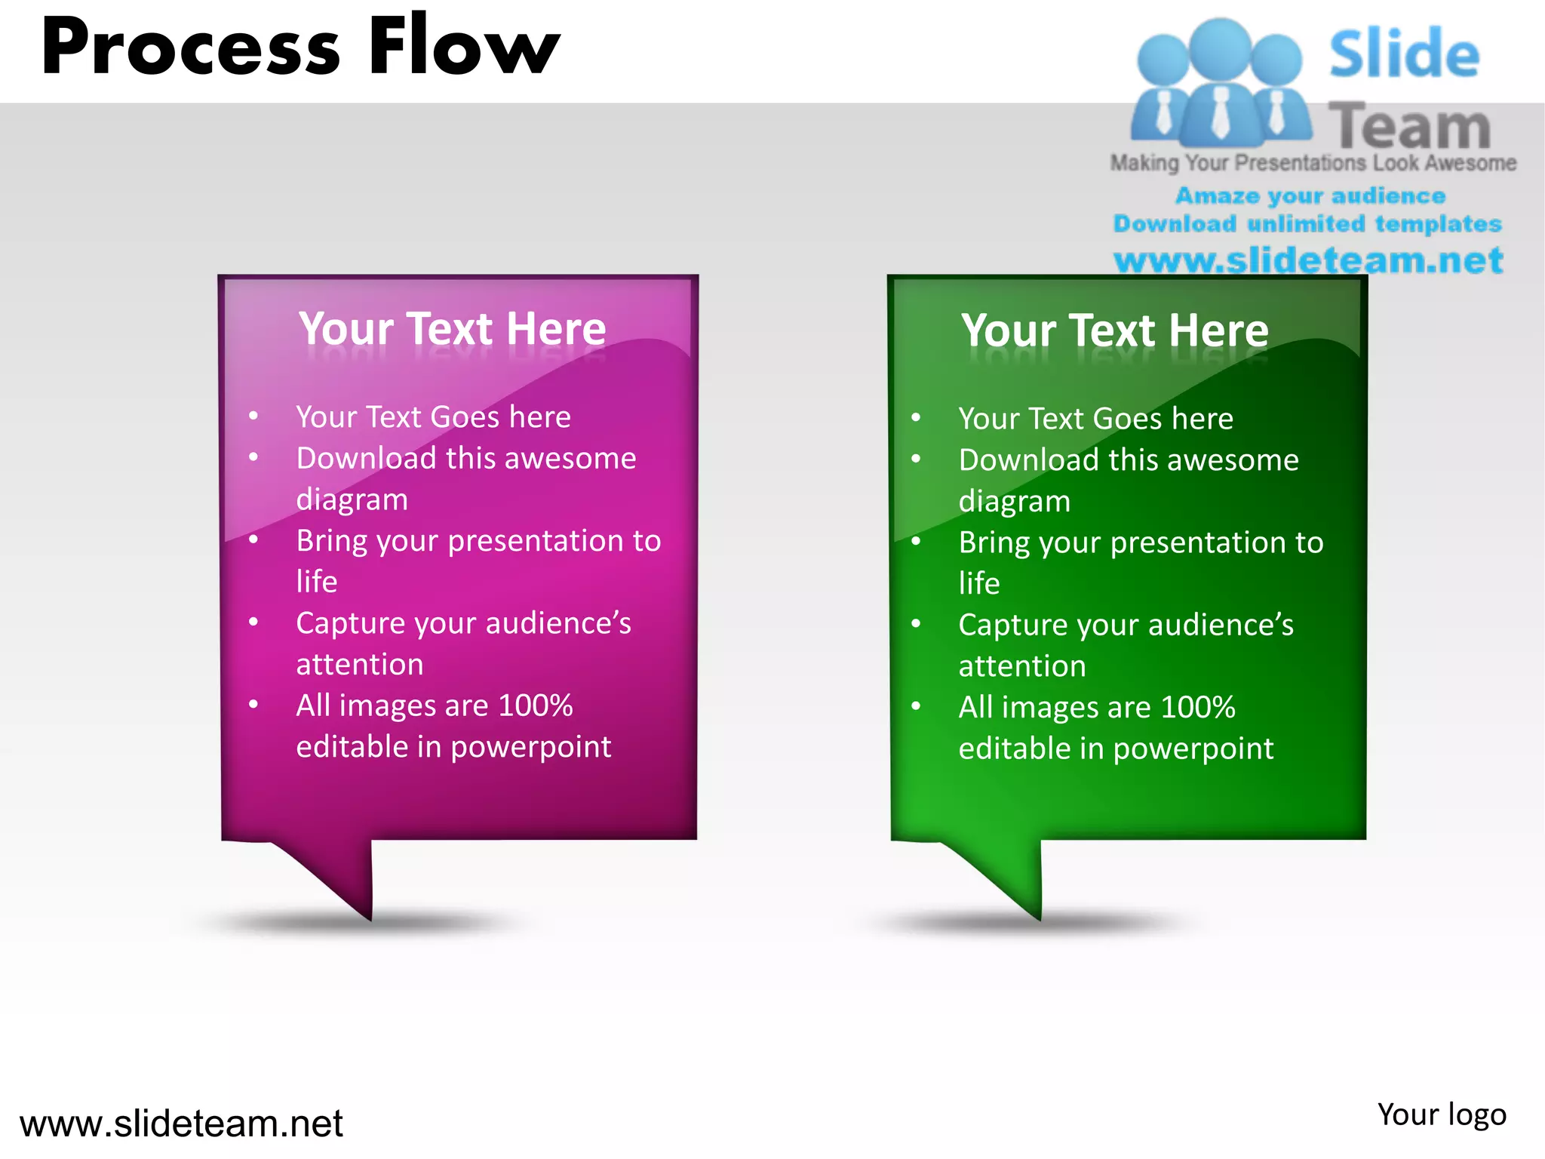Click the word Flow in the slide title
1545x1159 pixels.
463,47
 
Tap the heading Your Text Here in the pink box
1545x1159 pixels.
452,329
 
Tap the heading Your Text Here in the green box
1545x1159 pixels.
1114,330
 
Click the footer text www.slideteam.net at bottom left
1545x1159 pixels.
181,1124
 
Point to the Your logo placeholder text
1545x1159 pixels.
1441,1114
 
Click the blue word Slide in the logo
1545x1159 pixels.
1404,54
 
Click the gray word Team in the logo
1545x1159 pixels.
1408,126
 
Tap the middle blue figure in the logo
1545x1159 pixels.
1220,83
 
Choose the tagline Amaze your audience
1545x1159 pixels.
1310,196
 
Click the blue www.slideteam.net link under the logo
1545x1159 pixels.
1308,260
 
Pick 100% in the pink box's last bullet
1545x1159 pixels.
535,706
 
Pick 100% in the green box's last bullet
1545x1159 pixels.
1197,707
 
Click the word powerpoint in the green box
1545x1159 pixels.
1193,749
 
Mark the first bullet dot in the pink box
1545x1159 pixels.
253,416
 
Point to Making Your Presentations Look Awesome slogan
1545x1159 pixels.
1313,163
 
